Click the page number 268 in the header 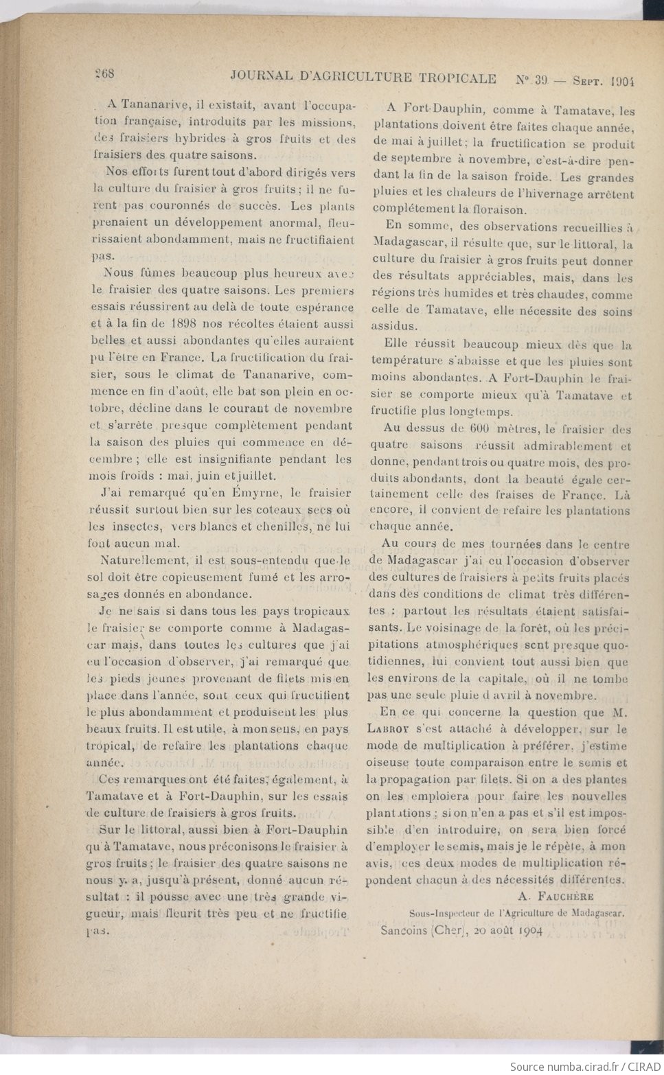tap(104, 74)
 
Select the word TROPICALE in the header tap(455, 78)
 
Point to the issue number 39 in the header tap(541, 80)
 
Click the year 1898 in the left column tap(186, 324)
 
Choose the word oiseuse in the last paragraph tap(389, 762)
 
